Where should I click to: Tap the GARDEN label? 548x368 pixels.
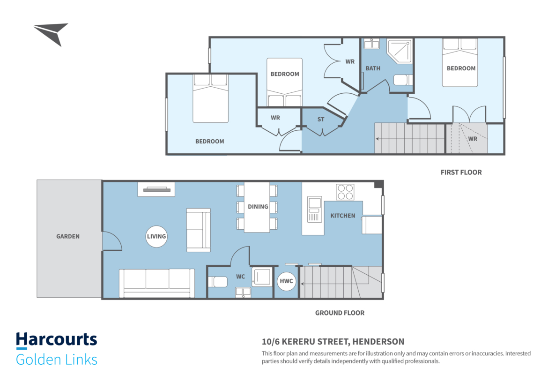68,236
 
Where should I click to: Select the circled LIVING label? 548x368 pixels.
156,236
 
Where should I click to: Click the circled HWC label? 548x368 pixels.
286,281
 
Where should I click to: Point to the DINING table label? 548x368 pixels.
258,207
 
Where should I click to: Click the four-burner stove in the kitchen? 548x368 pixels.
345,192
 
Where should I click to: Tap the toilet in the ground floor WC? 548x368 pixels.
218,282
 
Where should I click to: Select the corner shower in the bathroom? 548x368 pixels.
400,51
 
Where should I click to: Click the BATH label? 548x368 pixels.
373,68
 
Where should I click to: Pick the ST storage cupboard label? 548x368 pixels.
321,120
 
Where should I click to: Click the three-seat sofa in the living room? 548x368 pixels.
157,283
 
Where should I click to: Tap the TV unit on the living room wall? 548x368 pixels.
156,189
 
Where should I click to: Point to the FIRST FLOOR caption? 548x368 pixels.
461,173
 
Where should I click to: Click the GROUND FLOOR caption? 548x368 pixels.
340,313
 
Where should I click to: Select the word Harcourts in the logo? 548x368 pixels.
57,340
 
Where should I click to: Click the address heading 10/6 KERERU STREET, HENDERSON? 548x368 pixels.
333,341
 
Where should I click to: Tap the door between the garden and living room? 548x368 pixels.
112,240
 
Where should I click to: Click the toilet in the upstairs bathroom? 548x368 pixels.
403,80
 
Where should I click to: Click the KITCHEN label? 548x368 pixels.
343,216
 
